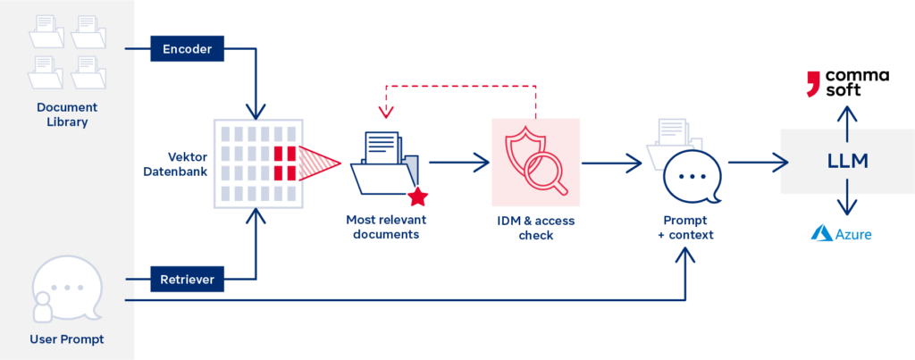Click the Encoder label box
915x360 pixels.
coord(187,49)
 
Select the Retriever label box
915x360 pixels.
coord(187,280)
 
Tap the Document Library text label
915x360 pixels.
coord(63,115)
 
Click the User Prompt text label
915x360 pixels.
coord(66,339)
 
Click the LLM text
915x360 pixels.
coord(846,161)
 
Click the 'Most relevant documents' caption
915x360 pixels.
coord(386,227)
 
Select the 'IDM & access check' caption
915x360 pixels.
coord(535,227)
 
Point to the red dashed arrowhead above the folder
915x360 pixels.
coord(386,113)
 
